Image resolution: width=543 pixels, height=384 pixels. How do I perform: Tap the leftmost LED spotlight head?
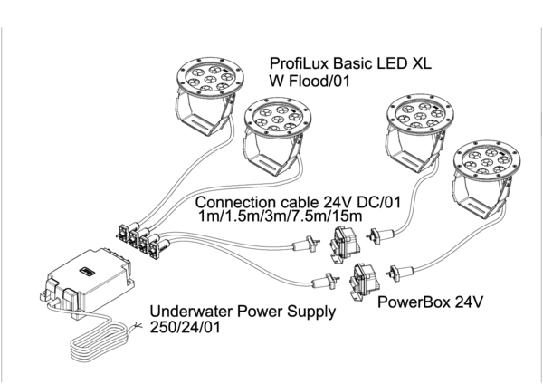click(x=207, y=75)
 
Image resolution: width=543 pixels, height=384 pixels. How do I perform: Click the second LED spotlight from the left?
click(x=279, y=118)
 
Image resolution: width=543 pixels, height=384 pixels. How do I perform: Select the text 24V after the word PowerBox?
click(x=462, y=300)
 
